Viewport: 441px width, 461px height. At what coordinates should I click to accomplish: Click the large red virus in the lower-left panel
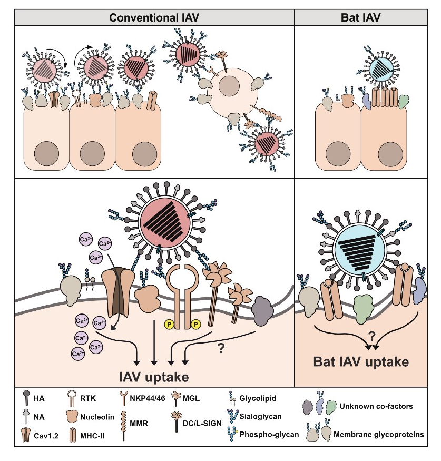[164, 220]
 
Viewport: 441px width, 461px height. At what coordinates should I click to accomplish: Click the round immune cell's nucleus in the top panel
[230, 86]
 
